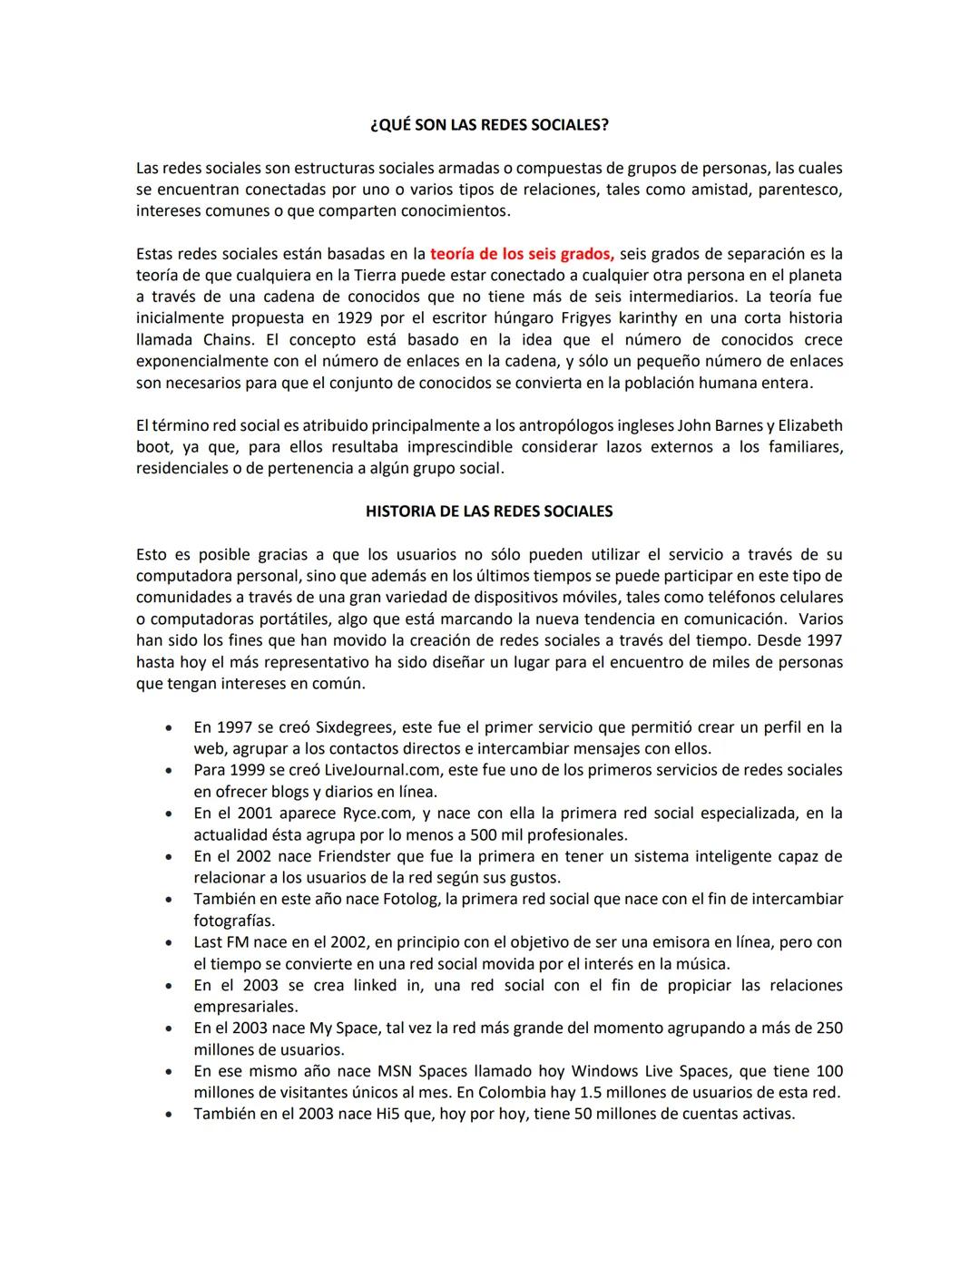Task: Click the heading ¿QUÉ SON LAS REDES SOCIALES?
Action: (x=489, y=125)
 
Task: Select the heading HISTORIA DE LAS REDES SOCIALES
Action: (x=489, y=512)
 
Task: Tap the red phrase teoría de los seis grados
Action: (x=522, y=254)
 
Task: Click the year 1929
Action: (x=356, y=318)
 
